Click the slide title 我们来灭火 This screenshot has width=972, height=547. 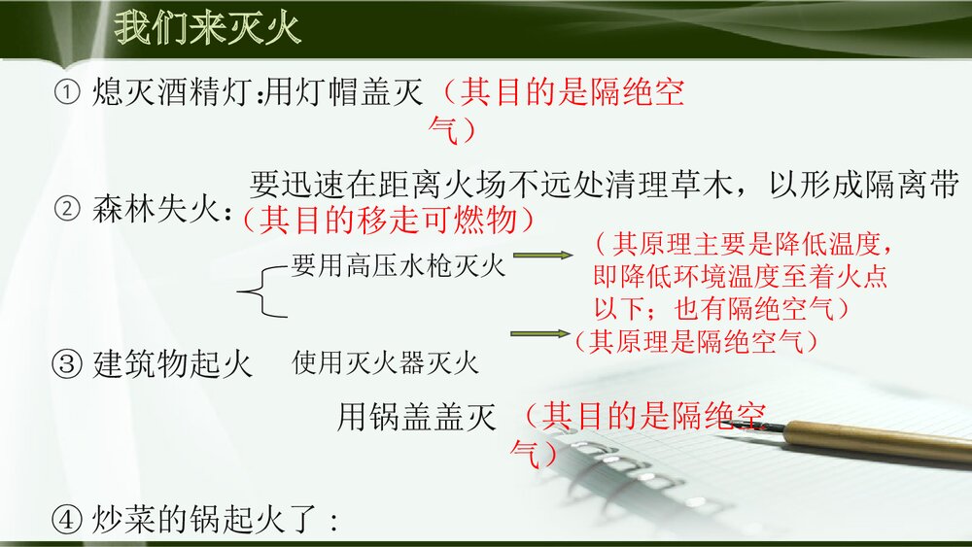(207, 28)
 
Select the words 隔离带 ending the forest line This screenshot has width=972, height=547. (913, 184)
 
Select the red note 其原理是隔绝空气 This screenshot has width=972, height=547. (696, 341)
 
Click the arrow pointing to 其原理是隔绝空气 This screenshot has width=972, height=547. (540, 334)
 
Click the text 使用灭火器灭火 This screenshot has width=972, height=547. (385, 364)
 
